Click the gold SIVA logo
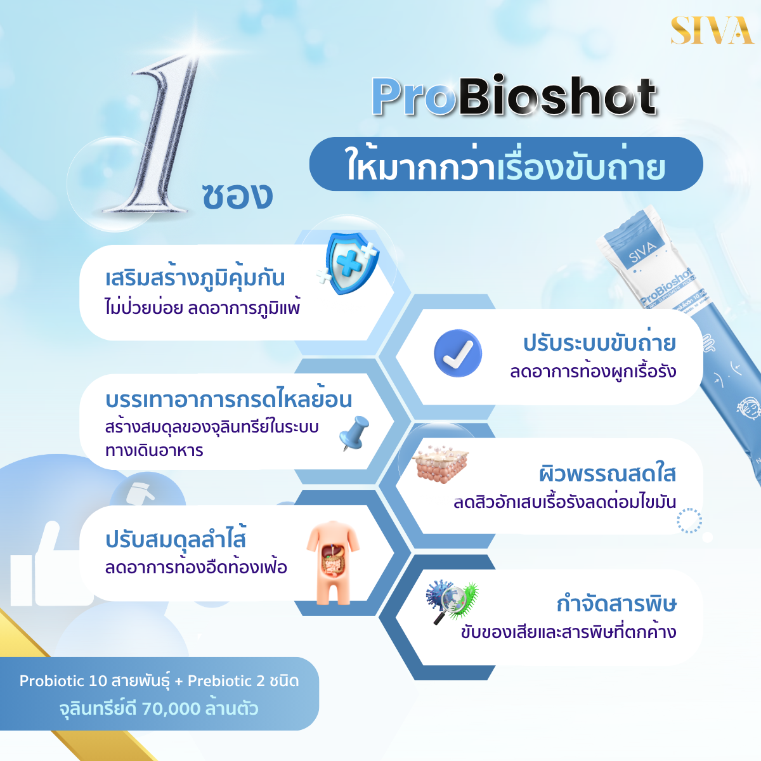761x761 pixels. click(712, 30)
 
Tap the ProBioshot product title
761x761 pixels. click(514, 97)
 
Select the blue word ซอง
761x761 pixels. click(237, 195)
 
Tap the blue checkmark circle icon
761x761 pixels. click(458, 353)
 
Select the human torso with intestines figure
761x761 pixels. click(333, 563)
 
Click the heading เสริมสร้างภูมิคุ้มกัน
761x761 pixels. click(195, 278)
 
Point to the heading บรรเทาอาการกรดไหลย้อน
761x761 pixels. click(229, 399)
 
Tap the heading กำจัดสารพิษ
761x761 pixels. click(616, 604)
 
